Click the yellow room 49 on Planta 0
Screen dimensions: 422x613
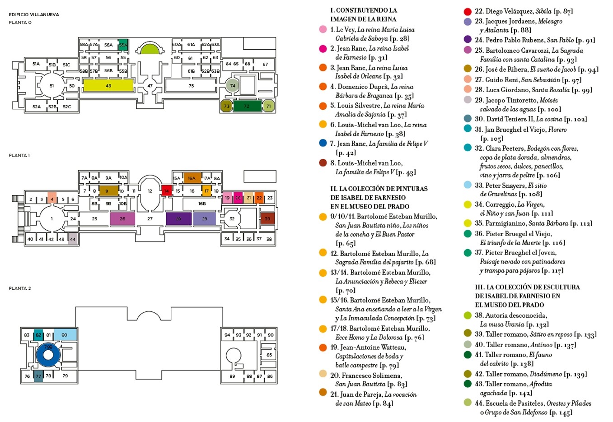coord(108,85)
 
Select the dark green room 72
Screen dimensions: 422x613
coord(247,106)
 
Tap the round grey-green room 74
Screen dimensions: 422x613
coord(232,85)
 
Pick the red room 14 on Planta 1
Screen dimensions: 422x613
coord(167,190)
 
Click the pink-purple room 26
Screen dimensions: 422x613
coord(122,218)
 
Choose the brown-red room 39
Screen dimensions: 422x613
coord(267,218)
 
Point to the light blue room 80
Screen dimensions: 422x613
coord(65,335)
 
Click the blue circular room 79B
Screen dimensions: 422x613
coord(48,355)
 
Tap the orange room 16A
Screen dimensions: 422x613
coord(192,178)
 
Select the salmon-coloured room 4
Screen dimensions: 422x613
coord(52,199)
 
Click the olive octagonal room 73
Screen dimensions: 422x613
coord(227,106)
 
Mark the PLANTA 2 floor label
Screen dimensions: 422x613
coord(20,288)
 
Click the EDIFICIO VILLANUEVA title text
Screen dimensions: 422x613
coord(34,14)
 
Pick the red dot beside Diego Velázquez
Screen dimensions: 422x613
coord(468,11)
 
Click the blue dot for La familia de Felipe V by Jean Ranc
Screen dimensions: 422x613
coord(323,143)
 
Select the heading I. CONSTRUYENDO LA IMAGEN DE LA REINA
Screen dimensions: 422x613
coord(363,14)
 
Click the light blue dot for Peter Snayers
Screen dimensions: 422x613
coord(468,185)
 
